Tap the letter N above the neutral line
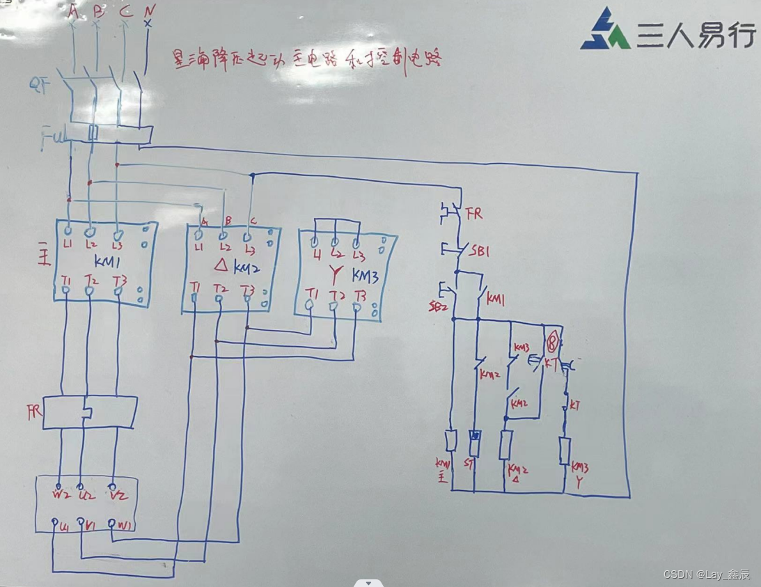[x=148, y=11]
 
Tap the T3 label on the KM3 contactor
[x=359, y=294]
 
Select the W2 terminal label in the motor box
[x=60, y=496]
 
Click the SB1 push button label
[x=480, y=251]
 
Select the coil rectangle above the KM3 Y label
[x=565, y=451]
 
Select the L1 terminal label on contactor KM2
[x=198, y=247]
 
